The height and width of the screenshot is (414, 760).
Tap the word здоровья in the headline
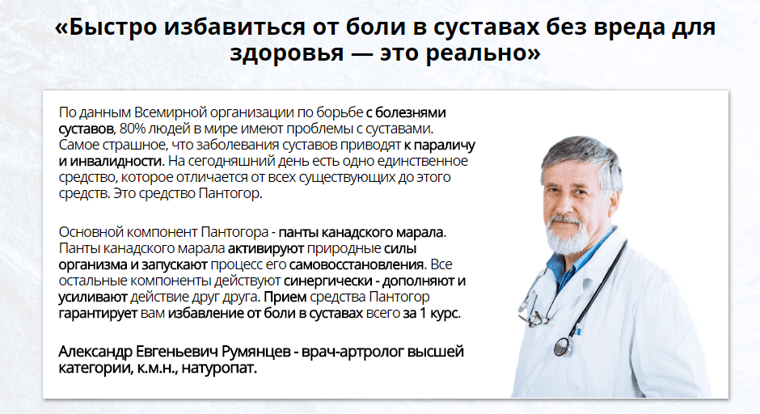(286, 53)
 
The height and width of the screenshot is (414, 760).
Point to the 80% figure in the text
(132, 129)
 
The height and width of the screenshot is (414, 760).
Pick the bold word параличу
(445, 145)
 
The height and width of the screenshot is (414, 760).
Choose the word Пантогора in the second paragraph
(234, 232)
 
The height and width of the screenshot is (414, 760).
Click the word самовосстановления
(357, 264)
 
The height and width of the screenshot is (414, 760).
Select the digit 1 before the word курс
(423, 313)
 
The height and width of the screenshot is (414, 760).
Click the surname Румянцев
(255, 352)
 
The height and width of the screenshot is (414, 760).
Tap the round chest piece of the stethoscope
(562, 346)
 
